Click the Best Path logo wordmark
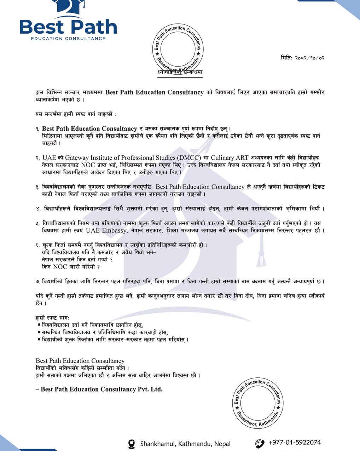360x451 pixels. pos(68,27)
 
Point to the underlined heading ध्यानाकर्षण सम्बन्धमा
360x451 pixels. pos(180,72)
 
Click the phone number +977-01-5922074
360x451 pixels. pos(295,442)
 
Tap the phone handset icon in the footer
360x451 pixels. pos(260,443)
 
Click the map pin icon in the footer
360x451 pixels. pos(132,444)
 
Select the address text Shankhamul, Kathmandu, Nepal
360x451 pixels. pos(185,444)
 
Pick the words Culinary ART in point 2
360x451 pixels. pos(230,158)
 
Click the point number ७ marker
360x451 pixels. pos(37,282)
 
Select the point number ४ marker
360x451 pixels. pos(38,209)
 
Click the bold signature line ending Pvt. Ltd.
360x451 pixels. pos(99,389)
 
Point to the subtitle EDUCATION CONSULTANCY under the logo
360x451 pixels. pos(68,38)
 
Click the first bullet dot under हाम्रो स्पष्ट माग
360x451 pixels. pos(39,324)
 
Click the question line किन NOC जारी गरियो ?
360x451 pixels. pos(71,267)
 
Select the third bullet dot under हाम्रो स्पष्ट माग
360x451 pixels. pos(39,339)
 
